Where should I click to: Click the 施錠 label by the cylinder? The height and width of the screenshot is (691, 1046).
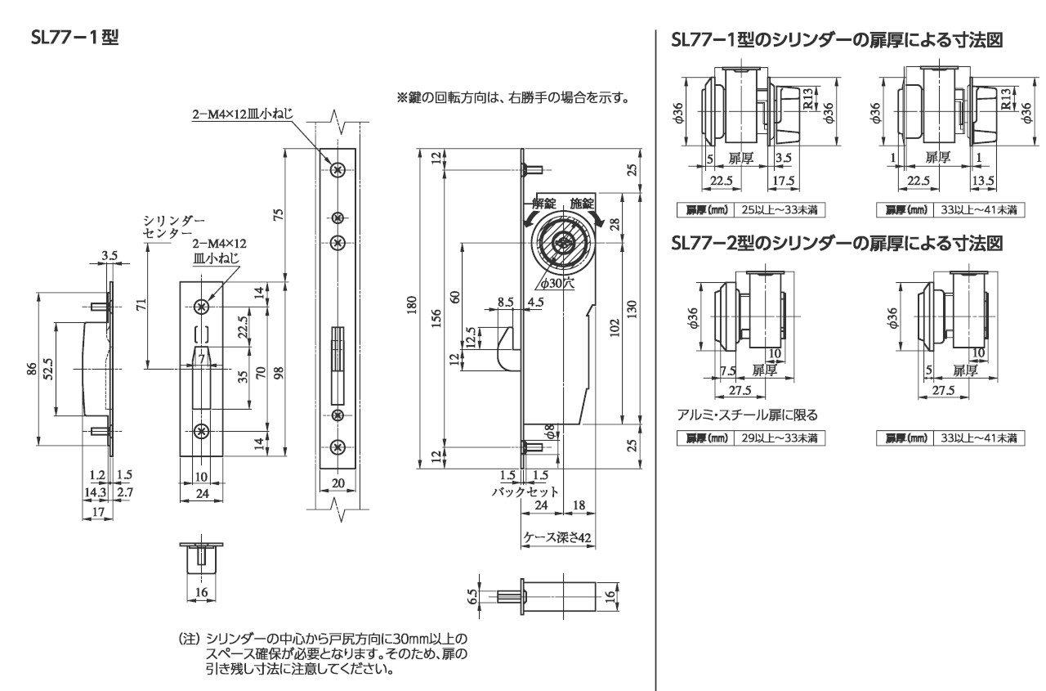(583, 202)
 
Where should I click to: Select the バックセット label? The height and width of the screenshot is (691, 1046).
(525, 491)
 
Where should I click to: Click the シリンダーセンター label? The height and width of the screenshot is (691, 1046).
(163, 227)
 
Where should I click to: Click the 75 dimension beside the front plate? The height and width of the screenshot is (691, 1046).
(278, 214)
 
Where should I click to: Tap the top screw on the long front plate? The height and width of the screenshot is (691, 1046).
(337, 171)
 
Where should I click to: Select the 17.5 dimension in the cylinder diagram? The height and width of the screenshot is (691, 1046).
(783, 181)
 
